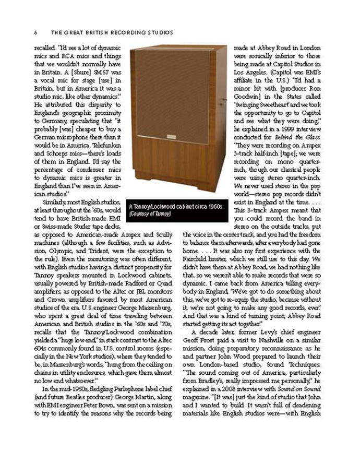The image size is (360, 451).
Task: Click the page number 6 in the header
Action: click(x=35, y=32)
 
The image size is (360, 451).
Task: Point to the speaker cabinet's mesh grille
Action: click(x=171, y=94)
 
